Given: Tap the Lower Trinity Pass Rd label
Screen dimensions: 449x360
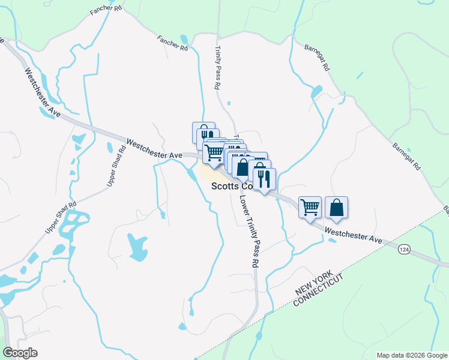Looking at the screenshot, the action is (x=250, y=230).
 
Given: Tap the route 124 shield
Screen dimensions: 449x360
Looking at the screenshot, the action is (x=403, y=248).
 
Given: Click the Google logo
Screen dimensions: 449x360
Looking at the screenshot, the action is (x=20, y=353).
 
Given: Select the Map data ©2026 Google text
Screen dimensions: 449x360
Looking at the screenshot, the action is (x=411, y=355).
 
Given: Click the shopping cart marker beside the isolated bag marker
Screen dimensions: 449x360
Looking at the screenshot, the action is (x=310, y=208).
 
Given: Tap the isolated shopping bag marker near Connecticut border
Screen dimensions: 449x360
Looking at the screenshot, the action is (x=336, y=208).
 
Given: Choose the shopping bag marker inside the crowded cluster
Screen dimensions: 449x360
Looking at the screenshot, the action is (x=243, y=167).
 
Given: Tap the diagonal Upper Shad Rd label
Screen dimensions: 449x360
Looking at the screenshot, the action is (x=61, y=217).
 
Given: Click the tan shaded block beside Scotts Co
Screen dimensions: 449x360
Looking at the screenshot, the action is (x=211, y=175).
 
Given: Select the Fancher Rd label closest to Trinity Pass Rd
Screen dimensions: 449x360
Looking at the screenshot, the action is (x=173, y=43).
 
